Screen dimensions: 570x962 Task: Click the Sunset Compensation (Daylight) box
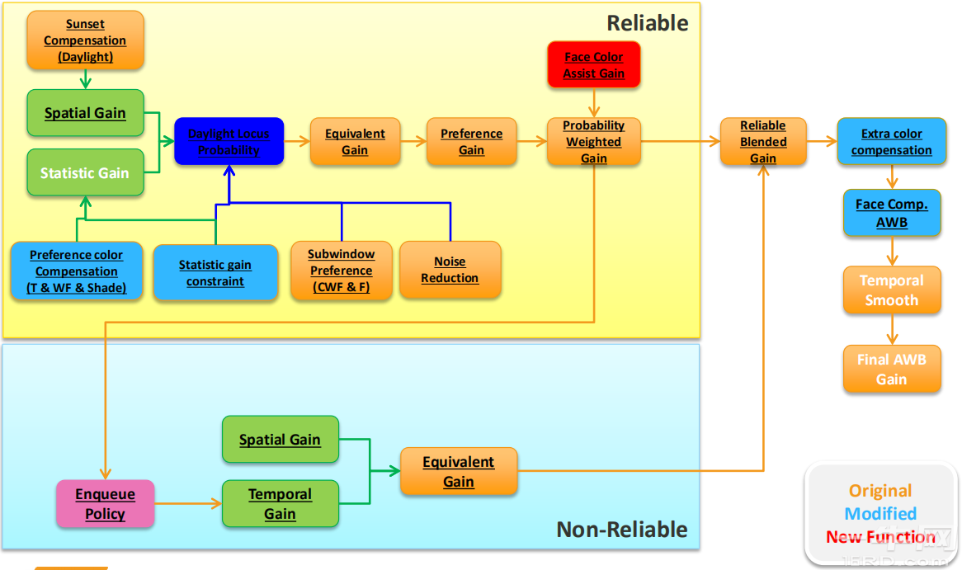tap(85, 40)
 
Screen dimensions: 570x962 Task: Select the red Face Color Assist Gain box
tap(593, 65)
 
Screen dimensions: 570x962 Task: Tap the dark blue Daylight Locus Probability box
tap(229, 142)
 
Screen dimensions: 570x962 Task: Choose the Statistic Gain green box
tap(85, 173)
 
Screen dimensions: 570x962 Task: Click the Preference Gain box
tap(471, 142)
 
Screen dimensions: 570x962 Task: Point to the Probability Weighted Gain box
tap(593, 142)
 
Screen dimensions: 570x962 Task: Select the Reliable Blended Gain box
tap(762, 142)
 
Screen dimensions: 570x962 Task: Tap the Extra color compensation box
tap(891, 142)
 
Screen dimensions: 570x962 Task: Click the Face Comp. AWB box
tap(891, 214)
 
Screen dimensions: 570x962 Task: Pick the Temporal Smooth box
tap(891, 290)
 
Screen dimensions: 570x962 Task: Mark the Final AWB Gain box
tap(891, 370)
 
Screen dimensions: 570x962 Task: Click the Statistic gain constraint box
tap(215, 273)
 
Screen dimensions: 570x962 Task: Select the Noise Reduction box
tap(450, 270)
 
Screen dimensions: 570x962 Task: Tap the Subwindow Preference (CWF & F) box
tap(341, 271)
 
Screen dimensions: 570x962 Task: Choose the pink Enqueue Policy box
tap(105, 504)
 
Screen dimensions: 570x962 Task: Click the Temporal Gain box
tap(280, 504)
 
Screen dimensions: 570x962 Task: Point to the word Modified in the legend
tap(880, 514)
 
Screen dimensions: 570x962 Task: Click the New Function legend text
tap(880, 537)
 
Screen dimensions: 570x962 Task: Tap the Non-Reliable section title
tap(621, 529)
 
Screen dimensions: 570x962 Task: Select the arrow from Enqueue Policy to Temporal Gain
tap(188, 503)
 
